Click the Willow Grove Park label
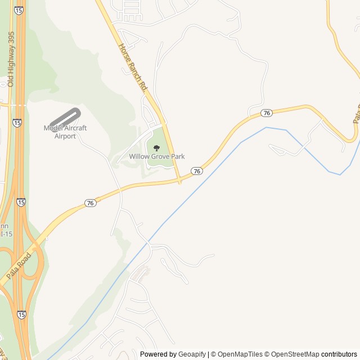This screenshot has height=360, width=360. [157, 156]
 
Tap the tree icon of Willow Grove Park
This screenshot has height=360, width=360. [157, 147]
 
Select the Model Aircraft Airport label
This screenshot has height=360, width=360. [65, 132]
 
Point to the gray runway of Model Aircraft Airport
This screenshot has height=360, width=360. [65, 117]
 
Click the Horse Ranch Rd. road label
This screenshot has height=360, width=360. [133, 67]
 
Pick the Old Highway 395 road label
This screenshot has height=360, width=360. [11, 59]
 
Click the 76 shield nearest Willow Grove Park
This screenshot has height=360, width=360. [196, 170]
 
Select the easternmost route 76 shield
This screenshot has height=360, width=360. [267, 113]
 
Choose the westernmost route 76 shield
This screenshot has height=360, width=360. [90, 202]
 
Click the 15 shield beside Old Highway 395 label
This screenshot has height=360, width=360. [19, 11]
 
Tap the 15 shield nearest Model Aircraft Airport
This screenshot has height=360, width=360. [17, 122]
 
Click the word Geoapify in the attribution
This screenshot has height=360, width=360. [192, 354]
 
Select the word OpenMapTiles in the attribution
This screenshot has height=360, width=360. [240, 354]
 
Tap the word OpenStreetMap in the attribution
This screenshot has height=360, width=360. [295, 354]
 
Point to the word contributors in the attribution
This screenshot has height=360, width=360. [339, 354]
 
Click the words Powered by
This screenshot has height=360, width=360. [158, 354]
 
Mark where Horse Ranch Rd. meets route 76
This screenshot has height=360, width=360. [179, 181]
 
